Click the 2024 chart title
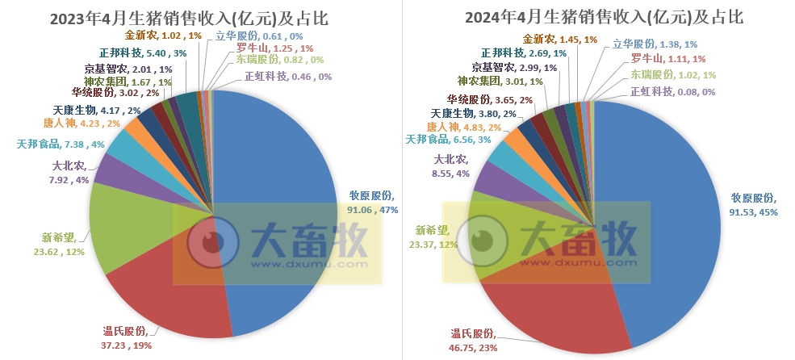[604, 17]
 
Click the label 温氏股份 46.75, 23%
[475, 341]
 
